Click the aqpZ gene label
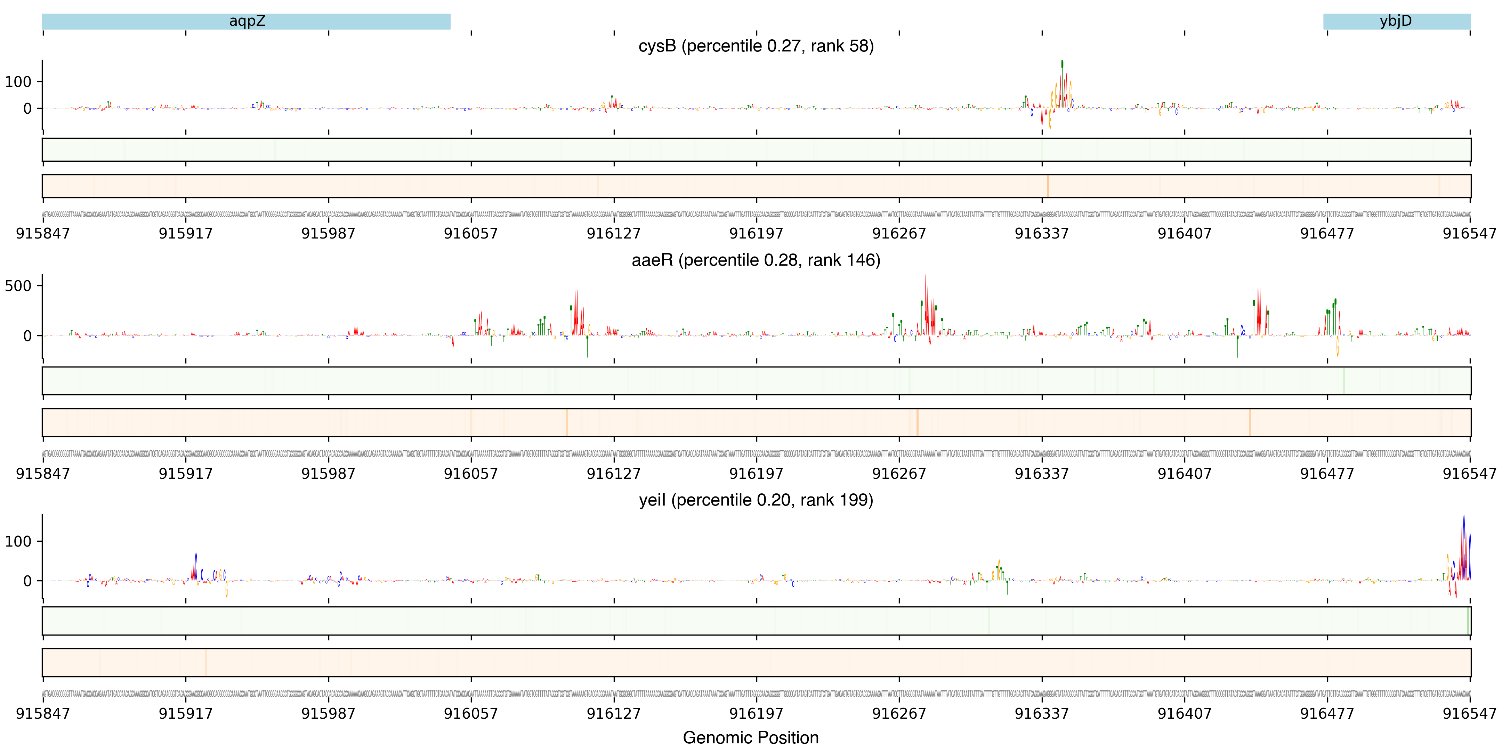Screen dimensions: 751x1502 click(x=247, y=21)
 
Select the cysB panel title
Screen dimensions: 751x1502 click(x=756, y=46)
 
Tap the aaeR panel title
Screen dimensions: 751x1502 click(x=756, y=260)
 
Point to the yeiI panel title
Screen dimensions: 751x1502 click(x=756, y=500)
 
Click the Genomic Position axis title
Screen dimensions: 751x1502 click(x=750, y=737)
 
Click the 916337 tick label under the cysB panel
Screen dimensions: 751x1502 click(x=1041, y=233)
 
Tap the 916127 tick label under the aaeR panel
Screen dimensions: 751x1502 click(x=613, y=474)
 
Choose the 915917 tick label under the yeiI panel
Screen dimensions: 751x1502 click(x=185, y=713)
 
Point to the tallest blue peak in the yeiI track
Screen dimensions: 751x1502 click(x=1463, y=519)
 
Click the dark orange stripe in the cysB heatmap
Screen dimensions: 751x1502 click(x=1048, y=186)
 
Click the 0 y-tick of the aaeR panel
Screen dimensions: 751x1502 click(x=27, y=336)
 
